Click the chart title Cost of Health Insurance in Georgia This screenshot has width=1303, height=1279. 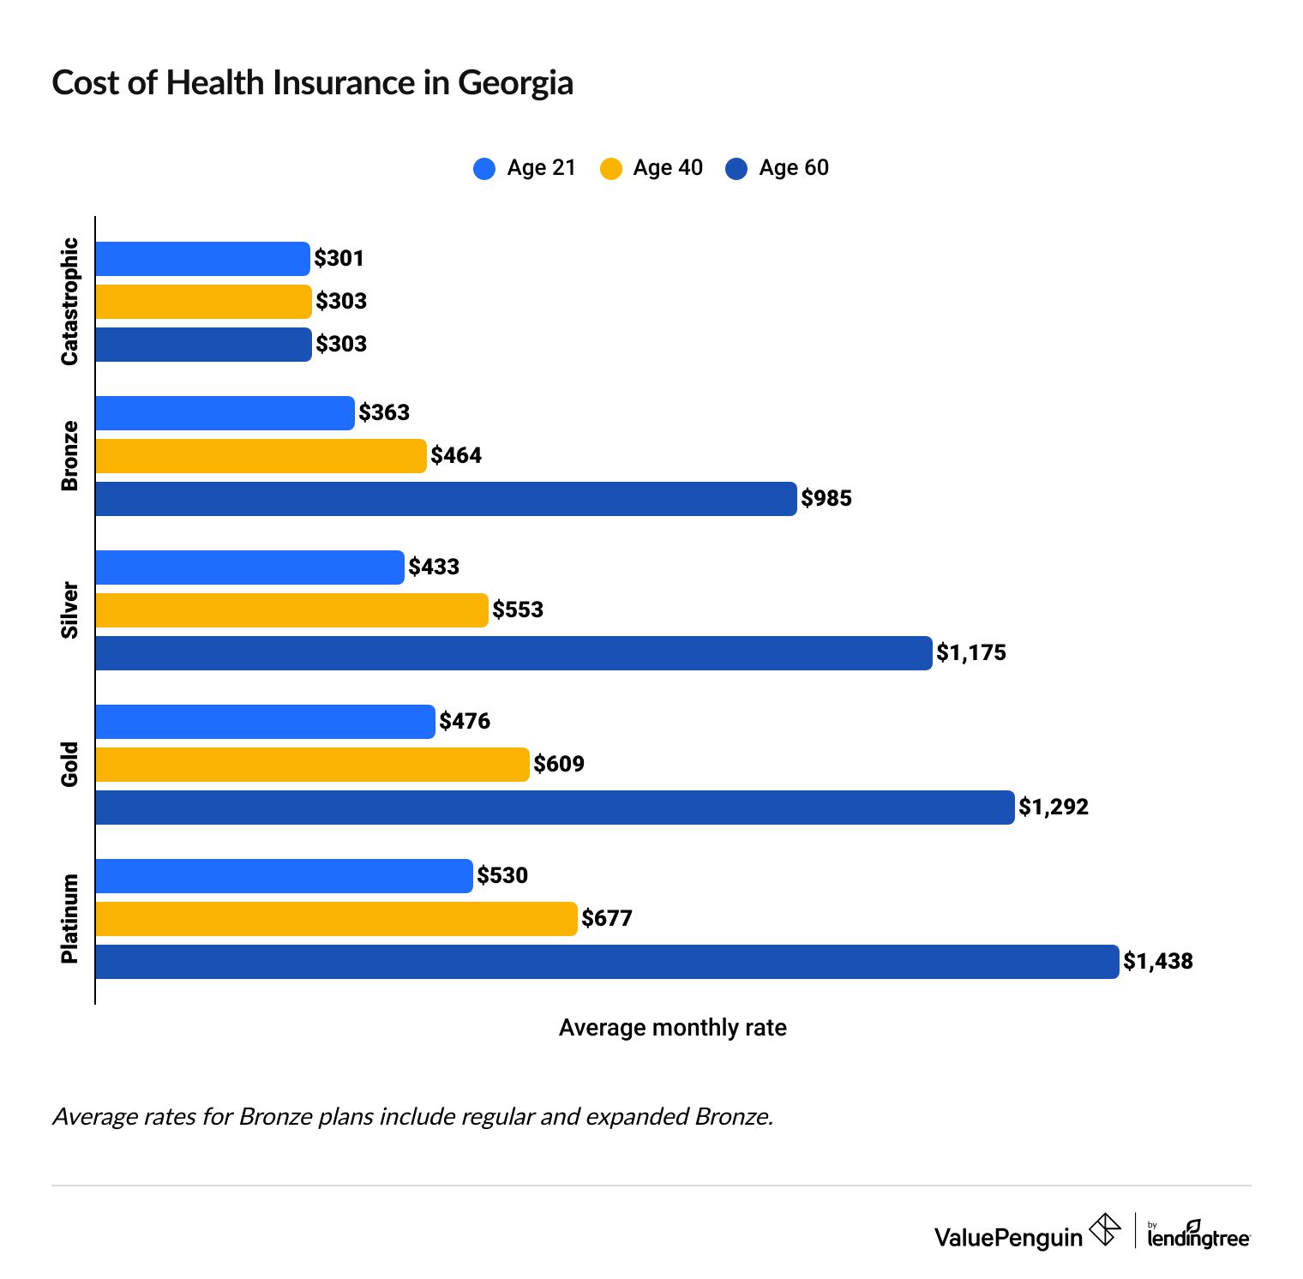312,83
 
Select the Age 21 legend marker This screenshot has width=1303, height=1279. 484,168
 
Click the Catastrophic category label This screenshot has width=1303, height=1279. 69,302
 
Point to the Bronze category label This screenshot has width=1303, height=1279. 69,456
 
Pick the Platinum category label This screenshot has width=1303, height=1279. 69,919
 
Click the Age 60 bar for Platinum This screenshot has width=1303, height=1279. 607,962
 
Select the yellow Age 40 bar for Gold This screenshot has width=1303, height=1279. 312,765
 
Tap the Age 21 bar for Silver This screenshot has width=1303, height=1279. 249,567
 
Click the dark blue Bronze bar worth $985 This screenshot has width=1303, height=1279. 446,499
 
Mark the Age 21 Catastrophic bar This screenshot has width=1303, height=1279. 202,259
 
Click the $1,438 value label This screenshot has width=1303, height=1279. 1158,962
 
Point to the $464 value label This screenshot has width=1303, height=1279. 456,456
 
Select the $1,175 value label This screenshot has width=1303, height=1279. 971,653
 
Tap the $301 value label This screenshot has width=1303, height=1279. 339,259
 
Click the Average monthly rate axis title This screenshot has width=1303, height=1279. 673,1028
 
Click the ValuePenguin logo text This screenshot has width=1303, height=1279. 1008,1237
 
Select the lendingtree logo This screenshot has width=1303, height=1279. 1198,1235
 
